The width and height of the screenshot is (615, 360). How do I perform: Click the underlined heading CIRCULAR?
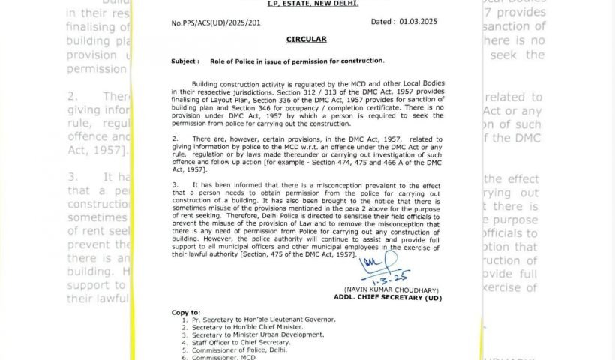click(306, 39)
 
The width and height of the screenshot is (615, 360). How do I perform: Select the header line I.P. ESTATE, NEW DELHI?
click(313, 4)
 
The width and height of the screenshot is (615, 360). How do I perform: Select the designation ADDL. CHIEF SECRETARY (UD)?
click(388, 298)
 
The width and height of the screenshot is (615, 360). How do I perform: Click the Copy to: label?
click(185, 312)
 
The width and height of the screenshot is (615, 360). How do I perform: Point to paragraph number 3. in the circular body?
click(175, 184)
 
